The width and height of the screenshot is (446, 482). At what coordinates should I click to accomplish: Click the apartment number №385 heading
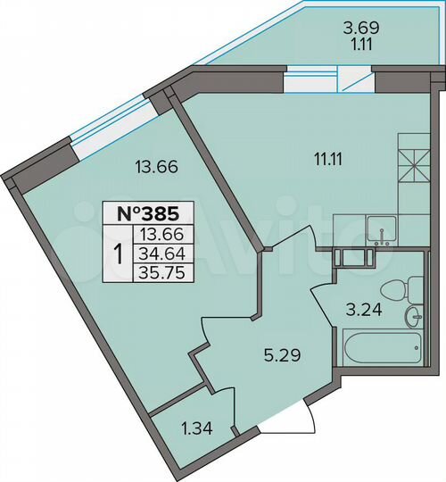[x=142, y=213]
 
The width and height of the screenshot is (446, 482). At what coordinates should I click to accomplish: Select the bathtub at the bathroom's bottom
[x=381, y=347]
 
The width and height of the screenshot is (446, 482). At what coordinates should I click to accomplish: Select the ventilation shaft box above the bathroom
[x=344, y=258]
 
